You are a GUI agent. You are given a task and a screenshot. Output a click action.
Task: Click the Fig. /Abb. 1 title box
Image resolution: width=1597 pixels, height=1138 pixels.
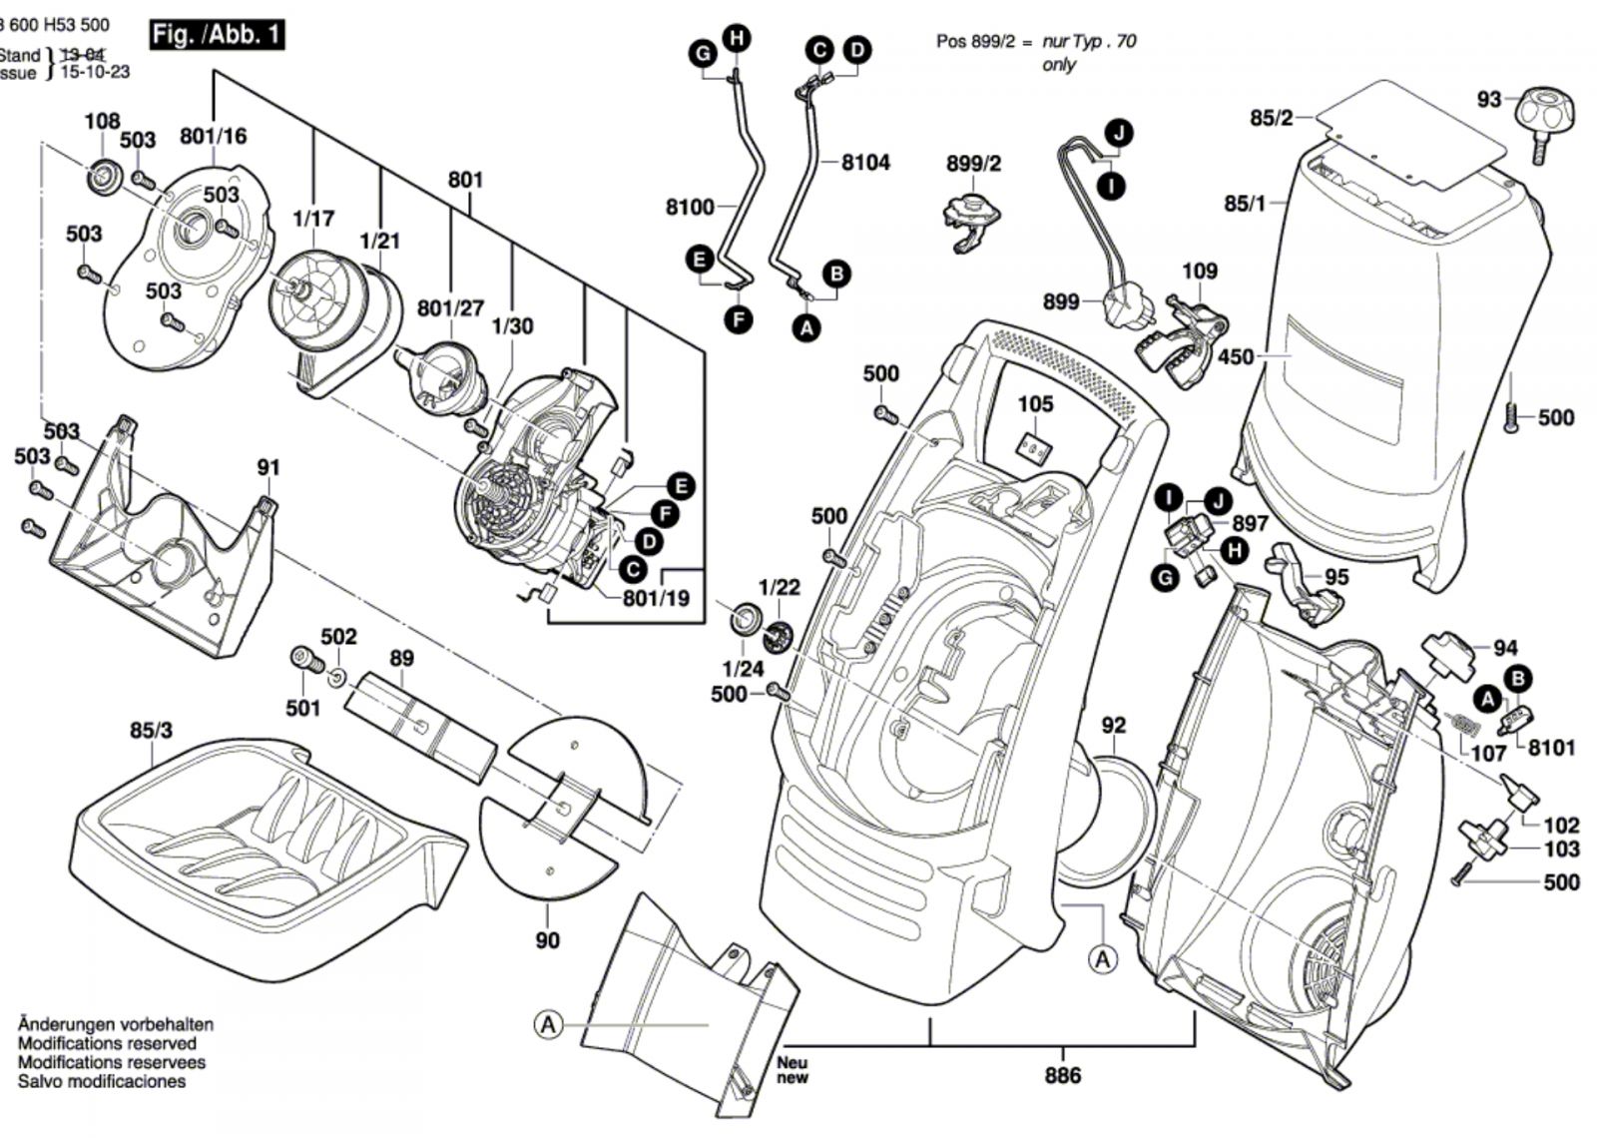(x=217, y=35)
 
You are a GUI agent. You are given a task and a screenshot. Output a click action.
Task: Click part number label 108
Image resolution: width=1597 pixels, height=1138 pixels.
(x=102, y=122)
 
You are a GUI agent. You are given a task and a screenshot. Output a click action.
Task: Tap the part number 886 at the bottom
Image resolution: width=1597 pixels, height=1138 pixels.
(x=1063, y=1075)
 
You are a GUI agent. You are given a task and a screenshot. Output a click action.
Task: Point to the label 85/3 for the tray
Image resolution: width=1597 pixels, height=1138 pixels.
(x=151, y=731)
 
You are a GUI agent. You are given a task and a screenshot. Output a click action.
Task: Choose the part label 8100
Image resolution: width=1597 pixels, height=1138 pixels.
(x=690, y=207)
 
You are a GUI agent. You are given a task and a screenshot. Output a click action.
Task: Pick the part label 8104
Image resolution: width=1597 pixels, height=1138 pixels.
(x=865, y=162)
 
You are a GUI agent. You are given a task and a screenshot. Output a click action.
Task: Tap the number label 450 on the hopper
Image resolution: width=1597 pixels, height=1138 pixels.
(x=1236, y=356)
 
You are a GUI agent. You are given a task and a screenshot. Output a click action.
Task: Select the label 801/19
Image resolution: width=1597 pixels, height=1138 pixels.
(x=656, y=599)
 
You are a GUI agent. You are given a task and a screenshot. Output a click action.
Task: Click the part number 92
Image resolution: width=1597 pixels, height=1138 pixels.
(x=1113, y=726)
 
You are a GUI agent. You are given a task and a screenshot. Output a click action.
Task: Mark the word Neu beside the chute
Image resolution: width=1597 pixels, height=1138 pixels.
(x=793, y=1063)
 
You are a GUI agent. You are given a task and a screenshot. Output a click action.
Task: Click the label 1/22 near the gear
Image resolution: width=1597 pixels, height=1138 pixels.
(x=779, y=587)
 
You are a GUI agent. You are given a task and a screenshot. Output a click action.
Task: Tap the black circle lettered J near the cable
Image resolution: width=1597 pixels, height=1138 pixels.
(x=1119, y=133)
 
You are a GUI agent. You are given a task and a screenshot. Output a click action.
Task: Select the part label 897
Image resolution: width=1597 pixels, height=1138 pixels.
(x=1250, y=523)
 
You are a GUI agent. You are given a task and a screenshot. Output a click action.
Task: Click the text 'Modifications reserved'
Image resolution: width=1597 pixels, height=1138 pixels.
(x=107, y=1043)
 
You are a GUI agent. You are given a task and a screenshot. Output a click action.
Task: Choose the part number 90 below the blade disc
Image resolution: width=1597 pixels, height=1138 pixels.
(x=547, y=939)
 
